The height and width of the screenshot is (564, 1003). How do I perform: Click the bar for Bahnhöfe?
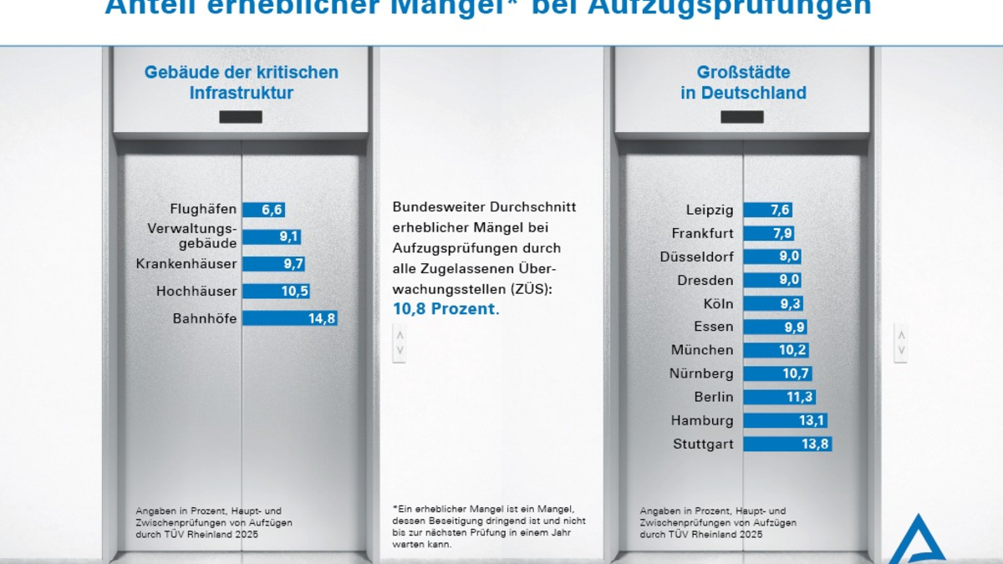coord(289,318)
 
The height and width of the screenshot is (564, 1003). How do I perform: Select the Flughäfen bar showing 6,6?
coord(263,210)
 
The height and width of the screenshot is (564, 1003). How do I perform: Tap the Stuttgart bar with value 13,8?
coord(787,445)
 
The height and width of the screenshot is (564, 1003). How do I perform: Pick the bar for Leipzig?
coord(768,210)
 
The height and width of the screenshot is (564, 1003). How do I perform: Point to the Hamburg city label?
coord(702,421)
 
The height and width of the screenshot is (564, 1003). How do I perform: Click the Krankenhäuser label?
coord(186,264)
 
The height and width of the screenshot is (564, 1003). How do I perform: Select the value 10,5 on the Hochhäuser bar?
coord(293,292)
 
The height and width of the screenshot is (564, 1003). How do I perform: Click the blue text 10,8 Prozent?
coord(445,309)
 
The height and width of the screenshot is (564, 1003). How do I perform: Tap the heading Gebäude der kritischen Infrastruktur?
coord(242,82)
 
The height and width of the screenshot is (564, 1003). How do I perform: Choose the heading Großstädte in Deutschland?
coord(743,82)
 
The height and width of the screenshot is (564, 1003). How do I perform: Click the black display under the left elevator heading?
coord(241,117)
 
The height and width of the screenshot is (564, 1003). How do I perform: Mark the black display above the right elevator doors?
coord(742,117)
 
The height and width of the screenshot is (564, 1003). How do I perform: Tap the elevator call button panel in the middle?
coord(400,343)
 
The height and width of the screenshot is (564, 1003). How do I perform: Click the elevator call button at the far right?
coord(900,343)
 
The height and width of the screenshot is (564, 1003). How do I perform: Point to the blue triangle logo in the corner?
coord(917,541)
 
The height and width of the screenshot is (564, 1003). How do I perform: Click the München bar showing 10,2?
coord(776,350)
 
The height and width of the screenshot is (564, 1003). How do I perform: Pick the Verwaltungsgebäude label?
coord(192,236)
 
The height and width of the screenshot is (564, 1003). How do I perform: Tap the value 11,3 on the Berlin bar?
coord(799,398)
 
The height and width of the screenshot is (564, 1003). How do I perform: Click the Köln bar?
coord(773,303)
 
